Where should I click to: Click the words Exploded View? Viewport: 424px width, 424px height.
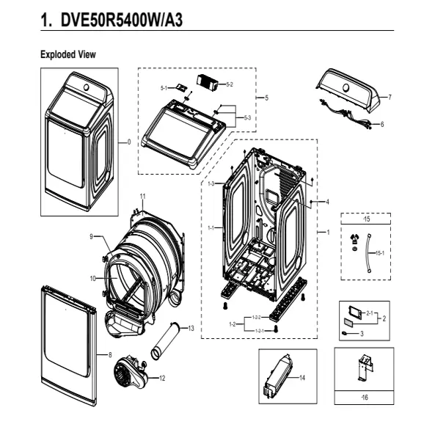(x=67, y=54)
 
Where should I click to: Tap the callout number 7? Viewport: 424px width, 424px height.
(x=390, y=97)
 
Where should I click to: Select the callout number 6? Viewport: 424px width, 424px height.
(x=382, y=125)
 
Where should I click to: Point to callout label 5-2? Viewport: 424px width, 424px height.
(x=230, y=84)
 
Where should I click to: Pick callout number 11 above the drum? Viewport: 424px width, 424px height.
(x=143, y=197)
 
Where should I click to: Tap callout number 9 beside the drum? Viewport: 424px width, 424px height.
(x=92, y=236)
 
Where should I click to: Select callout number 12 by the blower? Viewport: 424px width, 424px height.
(x=162, y=378)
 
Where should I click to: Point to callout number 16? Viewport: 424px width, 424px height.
(x=365, y=397)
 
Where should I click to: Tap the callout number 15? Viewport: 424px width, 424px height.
(x=368, y=219)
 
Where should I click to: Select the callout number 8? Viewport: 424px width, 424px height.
(x=110, y=354)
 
